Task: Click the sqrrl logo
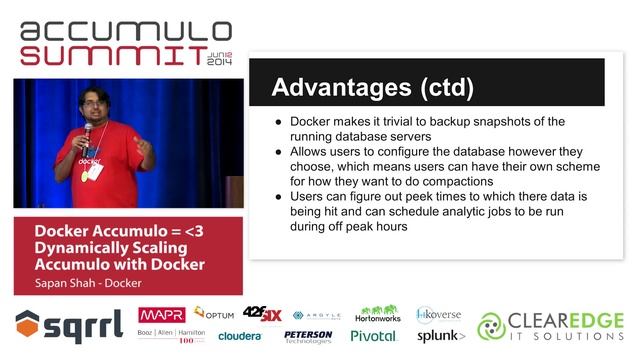pos(69,324)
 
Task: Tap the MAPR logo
pos(161,314)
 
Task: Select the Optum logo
pos(214,313)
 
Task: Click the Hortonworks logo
pos(377,314)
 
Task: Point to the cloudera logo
pos(240,336)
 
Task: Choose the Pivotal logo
pos(372,336)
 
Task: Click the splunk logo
pos(441,336)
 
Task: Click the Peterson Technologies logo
pos(308,336)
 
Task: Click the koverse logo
pos(439,313)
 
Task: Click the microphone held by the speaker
pos(88,132)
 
